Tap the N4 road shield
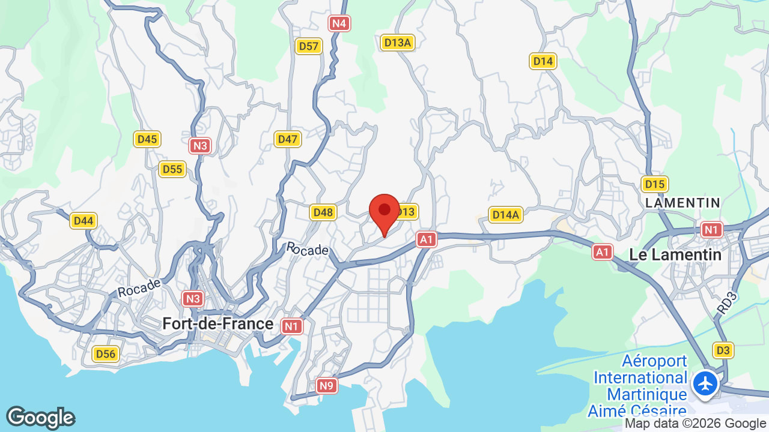[339, 23]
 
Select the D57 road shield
[309, 46]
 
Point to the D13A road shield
[398, 43]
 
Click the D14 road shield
[543, 61]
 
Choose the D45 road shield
[147, 139]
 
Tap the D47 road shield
[288, 139]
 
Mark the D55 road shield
[172, 169]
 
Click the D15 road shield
[654, 184]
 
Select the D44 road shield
[84, 221]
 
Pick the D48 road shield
[323, 212]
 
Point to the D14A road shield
[506, 215]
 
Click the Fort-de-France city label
[217, 324]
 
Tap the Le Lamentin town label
[675, 254]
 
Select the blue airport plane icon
[705, 383]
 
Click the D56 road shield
[106, 354]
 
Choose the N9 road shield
[326, 385]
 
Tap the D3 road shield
[723, 350]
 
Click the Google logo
[41, 418]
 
